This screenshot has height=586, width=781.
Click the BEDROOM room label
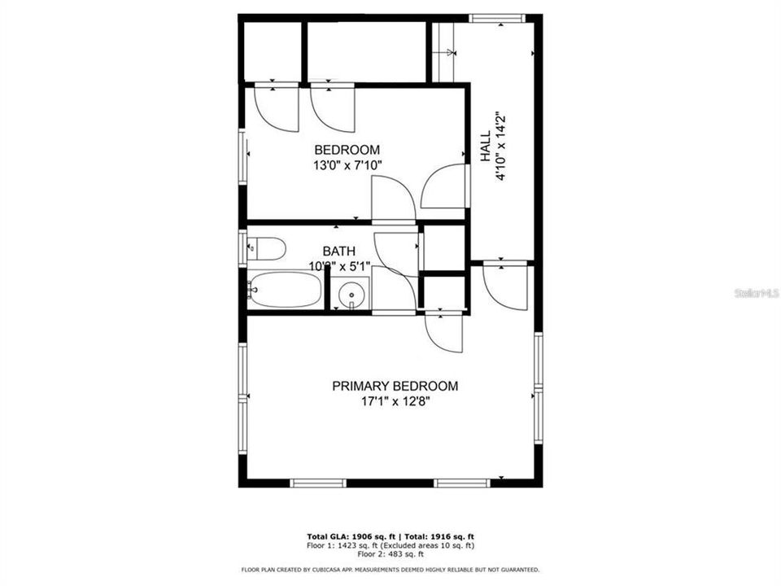[347, 150]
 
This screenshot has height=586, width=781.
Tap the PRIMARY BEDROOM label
[395, 386]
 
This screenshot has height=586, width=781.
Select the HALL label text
[485, 148]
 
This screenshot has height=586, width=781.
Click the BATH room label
[338, 251]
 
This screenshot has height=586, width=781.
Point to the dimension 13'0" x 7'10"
[347, 165]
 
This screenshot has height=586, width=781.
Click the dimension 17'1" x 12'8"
[395, 401]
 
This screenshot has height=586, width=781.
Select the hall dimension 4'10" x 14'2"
[501, 148]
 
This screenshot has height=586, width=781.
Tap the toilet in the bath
[265, 247]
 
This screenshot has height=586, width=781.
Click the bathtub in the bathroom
[286, 290]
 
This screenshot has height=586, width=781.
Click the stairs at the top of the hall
[443, 52]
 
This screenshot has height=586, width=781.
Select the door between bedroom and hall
[446, 187]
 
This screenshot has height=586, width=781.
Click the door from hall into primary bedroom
[504, 285]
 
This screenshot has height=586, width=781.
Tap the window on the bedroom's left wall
[242, 155]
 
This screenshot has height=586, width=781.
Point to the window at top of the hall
[497, 18]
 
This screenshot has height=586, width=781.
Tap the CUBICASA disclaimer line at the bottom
[390, 569]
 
